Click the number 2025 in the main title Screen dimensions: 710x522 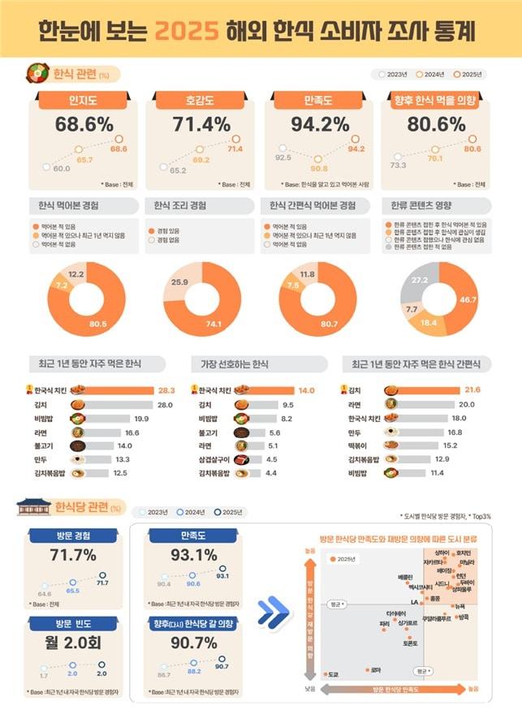pyautogui.click(x=188, y=31)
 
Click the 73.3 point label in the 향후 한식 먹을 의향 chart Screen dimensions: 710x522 pyautogui.click(x=398, y=165)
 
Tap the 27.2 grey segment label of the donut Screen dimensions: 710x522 pyautogui.click(x=421, y=280)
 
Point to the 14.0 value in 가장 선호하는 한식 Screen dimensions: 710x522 pyautogui.click(x=306, y=389)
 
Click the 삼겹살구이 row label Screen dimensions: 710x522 pyautogui.click(x=214, y=458)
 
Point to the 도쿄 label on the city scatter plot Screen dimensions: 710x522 pyautogui.click(x=332, y=674)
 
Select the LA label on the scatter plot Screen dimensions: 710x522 pyautogui.click(x=414, y=601)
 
